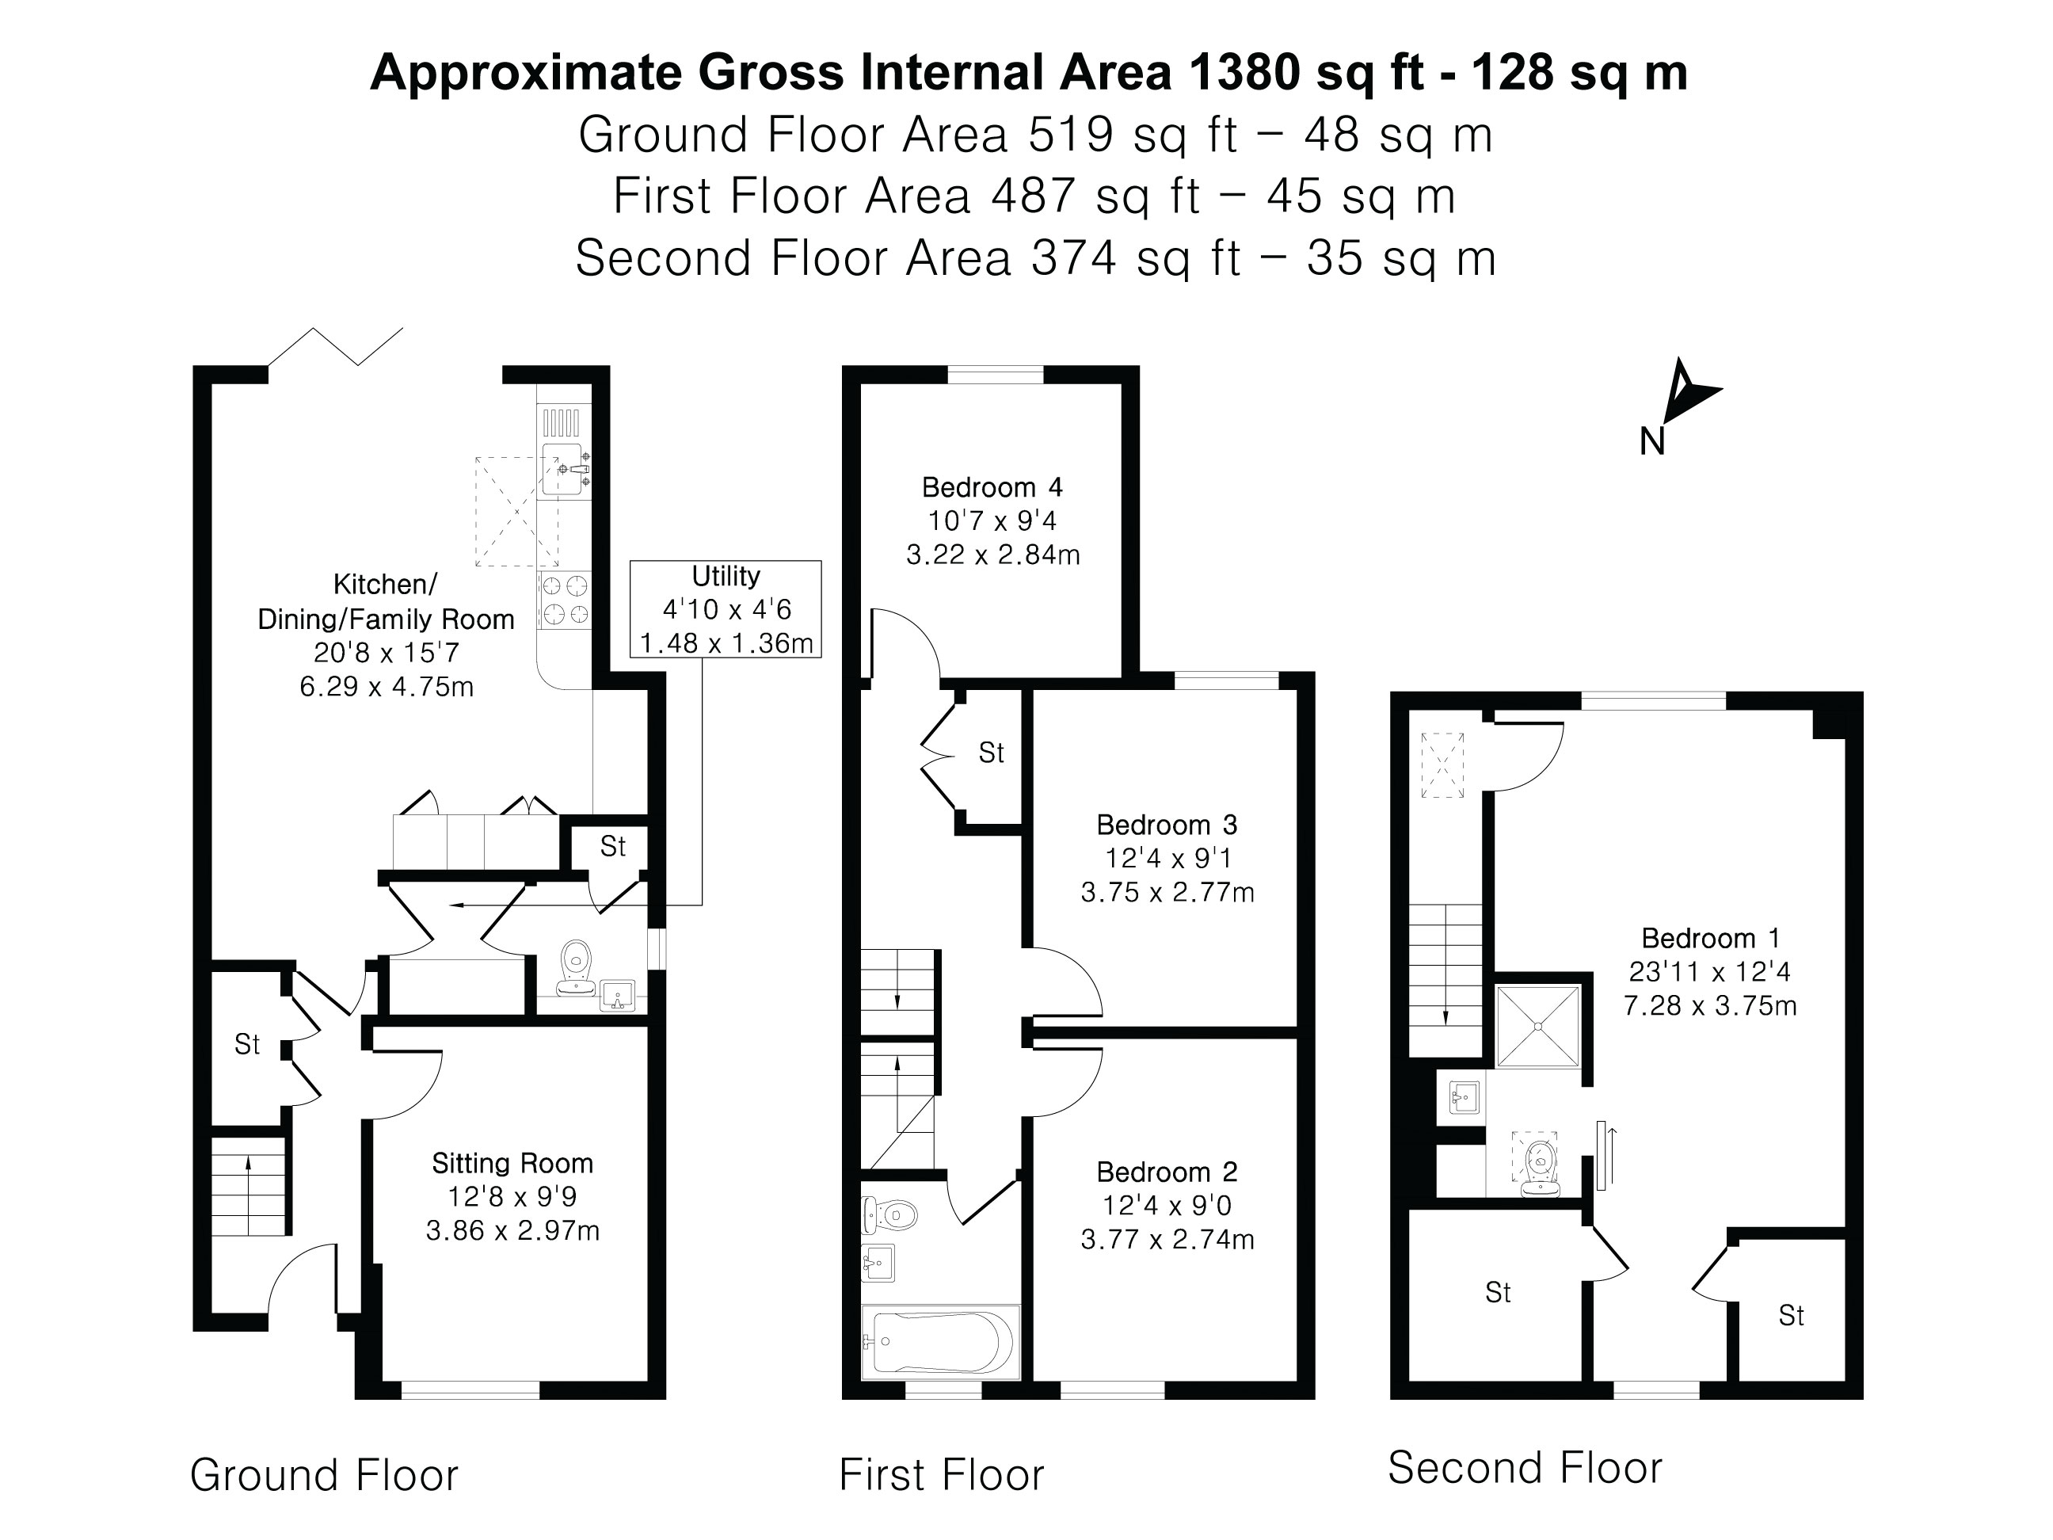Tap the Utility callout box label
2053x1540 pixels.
pyautogui.click(x=725, y=577)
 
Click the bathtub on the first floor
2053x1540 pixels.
pyautogui.click(x=939, y=1342)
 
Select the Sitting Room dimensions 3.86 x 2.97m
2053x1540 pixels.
pyautogui.click(x=512, y=1232)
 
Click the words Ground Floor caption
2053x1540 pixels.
pyautogui.click(x=324, y=1475)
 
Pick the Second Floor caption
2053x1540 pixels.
pyautogui.click(x=1524, y=1468)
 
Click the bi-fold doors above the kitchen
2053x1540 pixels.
pyautogui.click(x=336, y=347)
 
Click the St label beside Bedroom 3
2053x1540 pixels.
pyautogui.click(x=991, y=753)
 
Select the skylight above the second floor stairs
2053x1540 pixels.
pyautogui.click(x=1442, y=765)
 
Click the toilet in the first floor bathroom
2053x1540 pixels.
pyautogui.click(x=891, y=1214)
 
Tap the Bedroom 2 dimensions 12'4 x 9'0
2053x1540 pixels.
pyautogui.click(x=1167, y=1206)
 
